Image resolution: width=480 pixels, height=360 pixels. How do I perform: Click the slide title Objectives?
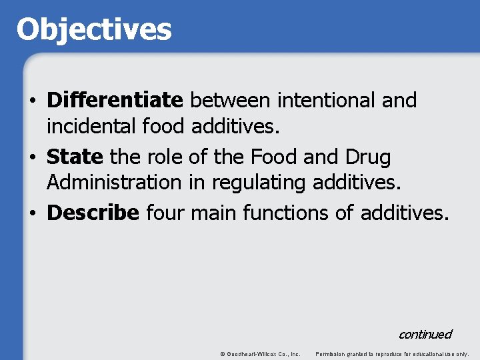click(93, 30)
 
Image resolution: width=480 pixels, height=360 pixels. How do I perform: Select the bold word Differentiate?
click(115, 101)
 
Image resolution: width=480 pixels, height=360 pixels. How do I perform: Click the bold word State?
click(75, 158)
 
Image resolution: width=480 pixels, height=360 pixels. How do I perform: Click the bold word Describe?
click(93, 213)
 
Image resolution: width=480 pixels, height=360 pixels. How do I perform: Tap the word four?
click(165, 213)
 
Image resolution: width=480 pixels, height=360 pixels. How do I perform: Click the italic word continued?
click(425, 334)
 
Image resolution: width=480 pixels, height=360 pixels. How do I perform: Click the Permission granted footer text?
click(392, 353)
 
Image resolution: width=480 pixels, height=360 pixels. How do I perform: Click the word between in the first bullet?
click(230, 101)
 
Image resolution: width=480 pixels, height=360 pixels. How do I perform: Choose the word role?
click(161, 158)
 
